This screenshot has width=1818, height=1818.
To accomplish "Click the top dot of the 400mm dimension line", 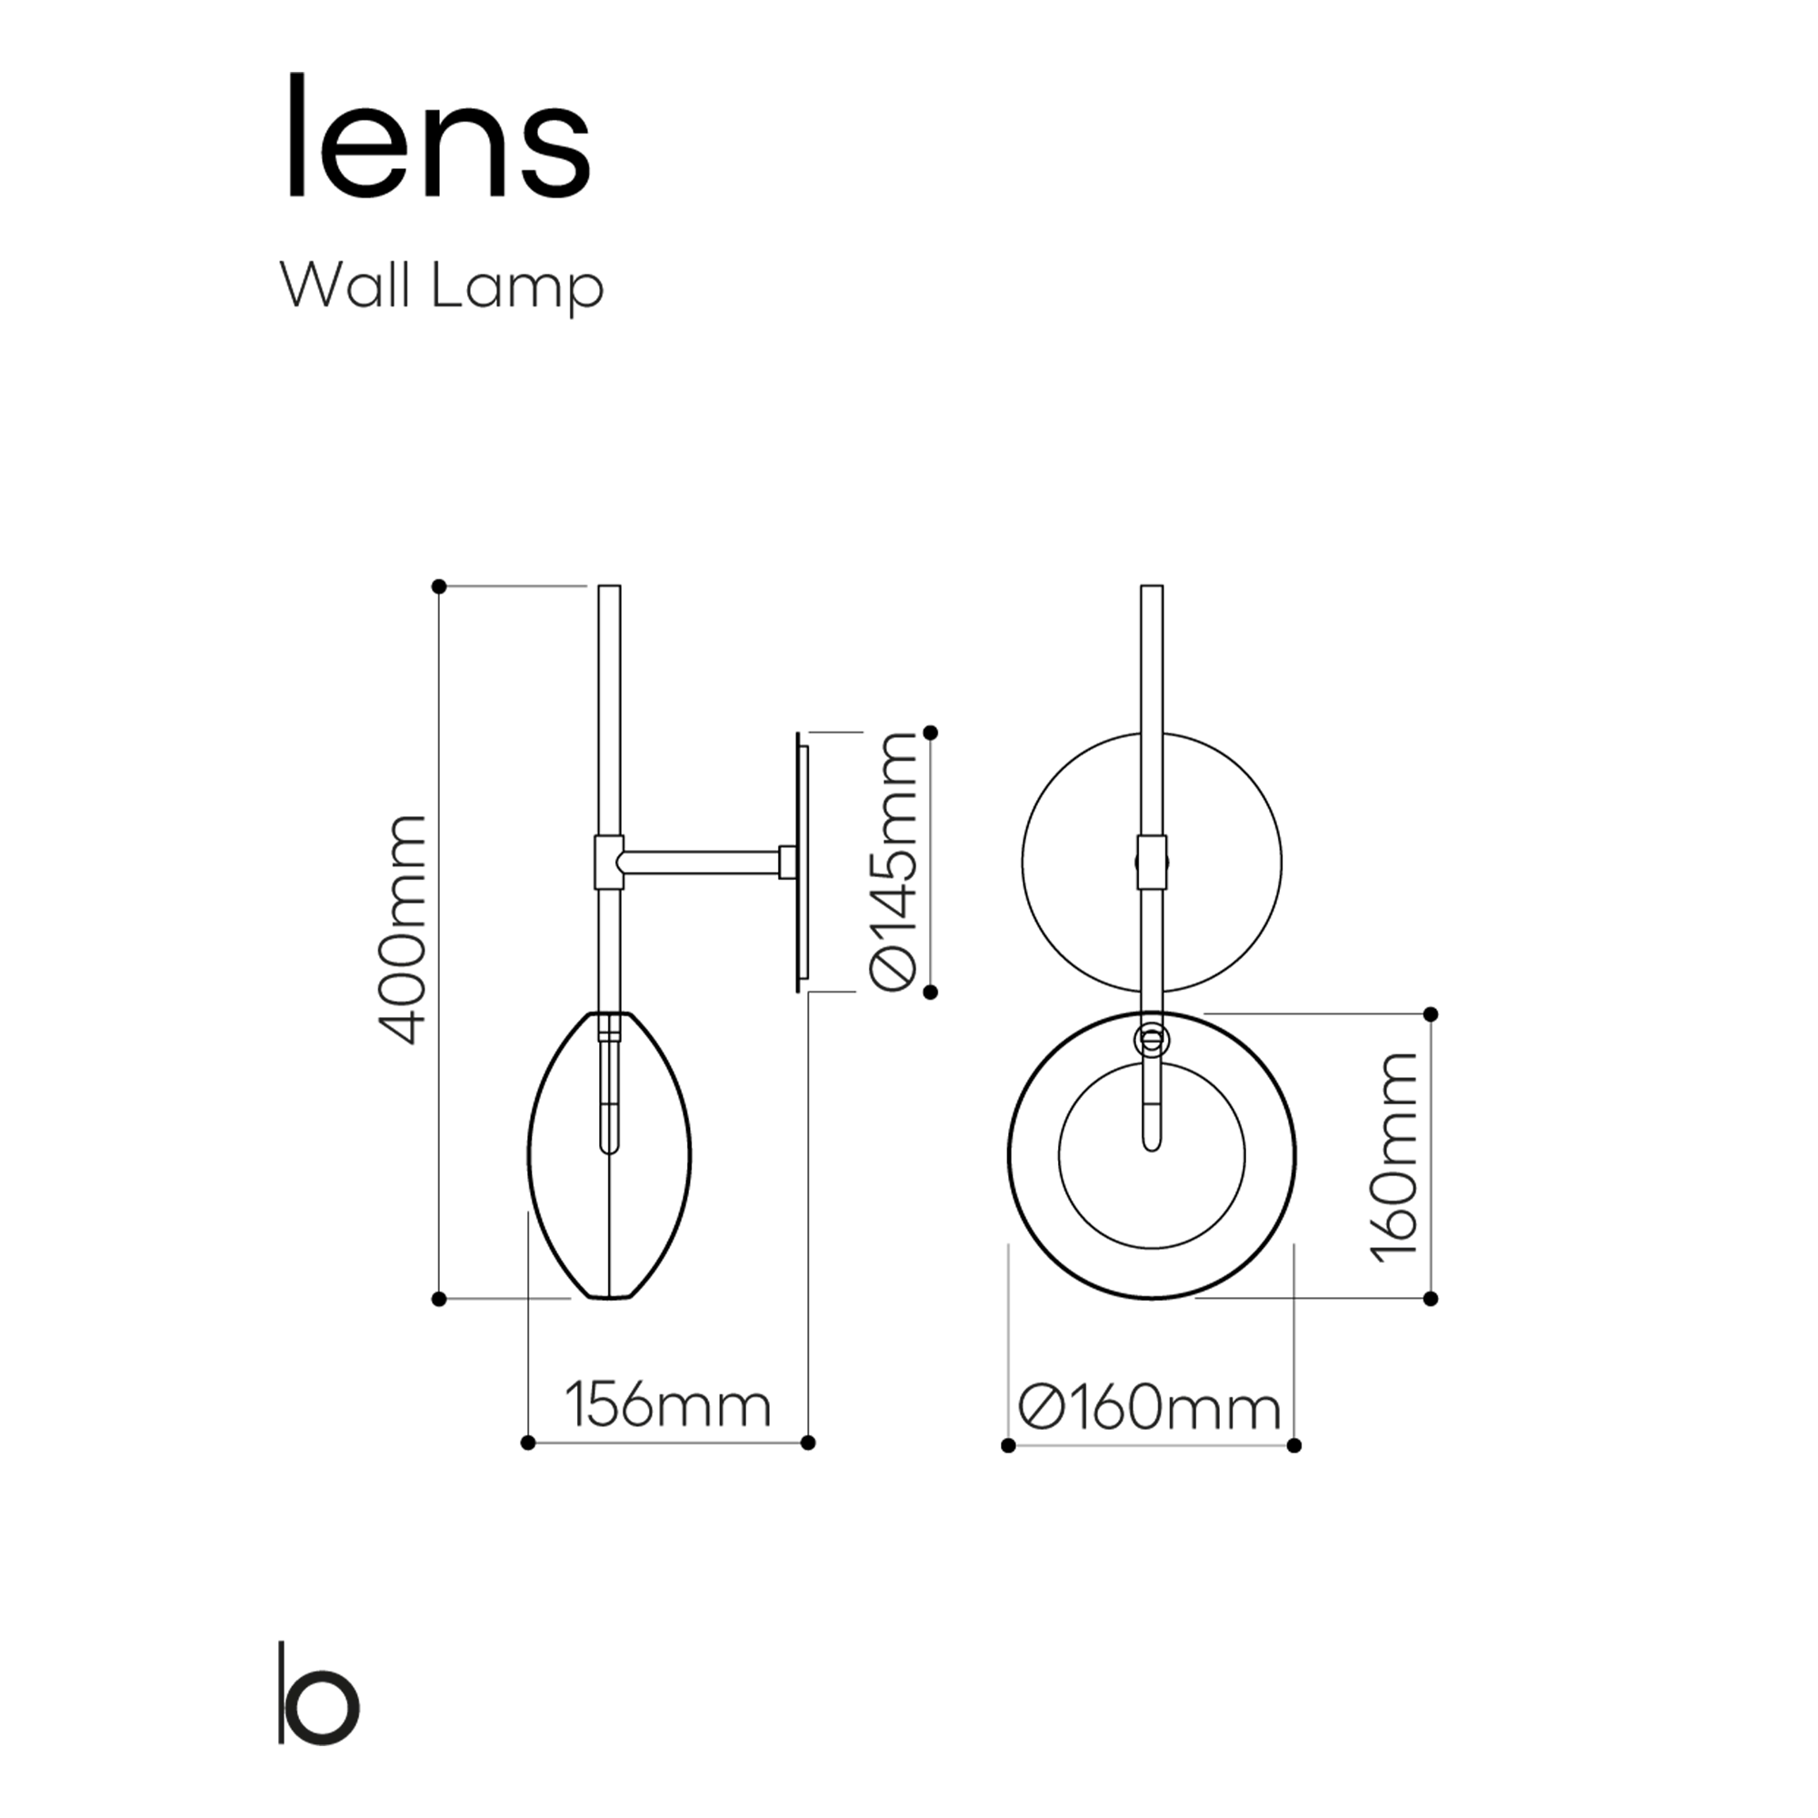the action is tap(438, 586).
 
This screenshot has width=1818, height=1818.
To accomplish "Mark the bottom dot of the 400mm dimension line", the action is tap(438, 1300).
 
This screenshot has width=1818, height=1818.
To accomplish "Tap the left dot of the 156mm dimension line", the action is tap(528, 1443).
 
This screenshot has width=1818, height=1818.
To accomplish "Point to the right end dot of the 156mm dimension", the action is tap(808, 1443).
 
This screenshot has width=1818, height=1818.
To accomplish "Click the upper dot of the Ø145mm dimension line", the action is tap(932, 732).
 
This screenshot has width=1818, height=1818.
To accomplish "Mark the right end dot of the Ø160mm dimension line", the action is tap(1294, 1445).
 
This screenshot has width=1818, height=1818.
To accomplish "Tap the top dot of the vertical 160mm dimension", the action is tap(1432, 1014).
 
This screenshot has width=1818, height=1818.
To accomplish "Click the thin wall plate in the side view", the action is tap(801, 862).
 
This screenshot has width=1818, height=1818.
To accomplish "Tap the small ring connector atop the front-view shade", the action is tap(1152, 1040).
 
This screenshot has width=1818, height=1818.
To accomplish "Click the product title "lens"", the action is tap(438, 137).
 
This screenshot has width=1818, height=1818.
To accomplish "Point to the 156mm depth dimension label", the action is tap(668, 1406).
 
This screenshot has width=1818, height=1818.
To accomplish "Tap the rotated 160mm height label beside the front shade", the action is tap(1393, 1157).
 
